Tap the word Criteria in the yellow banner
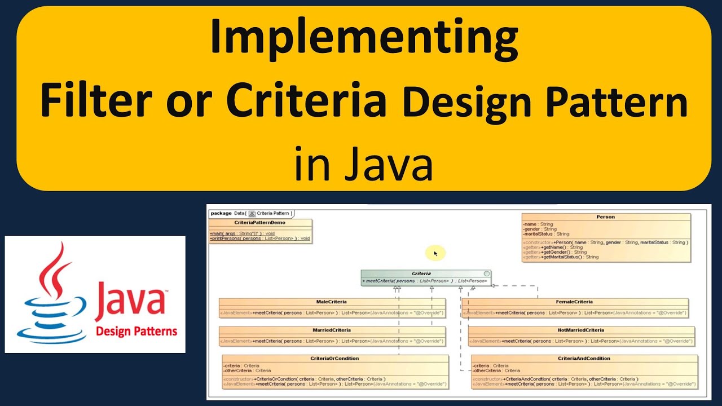(306, 102)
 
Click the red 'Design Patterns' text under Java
(137, 331)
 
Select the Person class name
(605, 217)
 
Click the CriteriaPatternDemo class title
(260, 223)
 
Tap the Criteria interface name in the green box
(421, 273)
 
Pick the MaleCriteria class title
(332, 302)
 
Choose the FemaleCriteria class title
(574, 302)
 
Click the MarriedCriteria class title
(332, 330)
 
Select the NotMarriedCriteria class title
(581, 330)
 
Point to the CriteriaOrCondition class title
(334, 358)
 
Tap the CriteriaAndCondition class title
(584, 358)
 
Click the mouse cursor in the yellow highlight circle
(435, 254)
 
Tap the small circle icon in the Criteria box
(486, 273)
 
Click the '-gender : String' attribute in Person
(540, 229)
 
